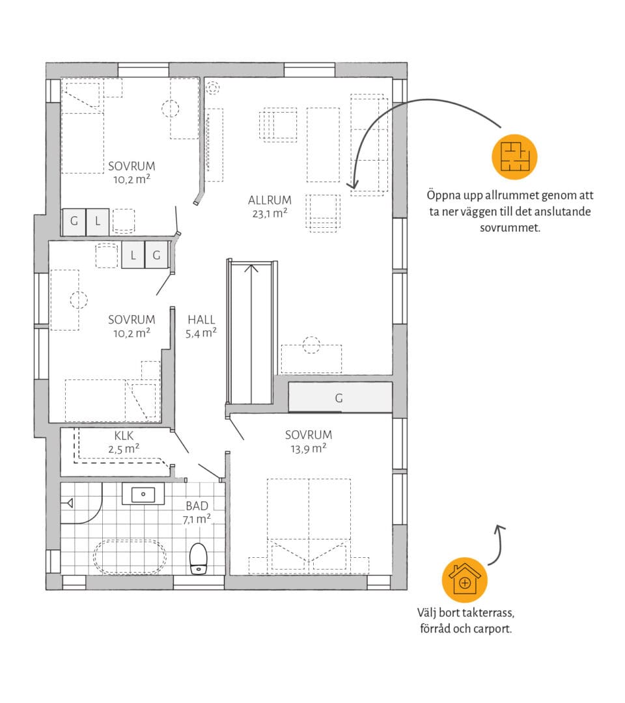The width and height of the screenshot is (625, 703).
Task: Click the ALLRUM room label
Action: [270, 200]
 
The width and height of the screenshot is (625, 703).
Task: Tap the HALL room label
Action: [201, 320]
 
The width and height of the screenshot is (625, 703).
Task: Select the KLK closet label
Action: [124, 435]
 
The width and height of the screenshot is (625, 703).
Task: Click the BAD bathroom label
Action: [197, 506]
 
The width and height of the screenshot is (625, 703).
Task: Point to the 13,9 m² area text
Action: [308, 448]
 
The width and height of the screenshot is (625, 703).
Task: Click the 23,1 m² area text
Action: [270, 214]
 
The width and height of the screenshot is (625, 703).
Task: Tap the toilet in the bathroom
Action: [198, 558]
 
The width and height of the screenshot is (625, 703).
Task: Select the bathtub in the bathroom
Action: [130, 557]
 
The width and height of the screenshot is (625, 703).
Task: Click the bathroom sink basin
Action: [143, 494]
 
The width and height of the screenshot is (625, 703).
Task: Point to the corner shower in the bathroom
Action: [81, 503]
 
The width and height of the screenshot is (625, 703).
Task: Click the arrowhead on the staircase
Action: [251, 268]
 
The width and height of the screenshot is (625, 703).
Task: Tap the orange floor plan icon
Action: [514, 157]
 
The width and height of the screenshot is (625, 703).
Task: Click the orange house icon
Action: [464, 580]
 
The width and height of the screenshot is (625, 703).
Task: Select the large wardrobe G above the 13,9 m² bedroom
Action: [340, 397]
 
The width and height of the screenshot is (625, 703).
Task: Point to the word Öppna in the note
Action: [441, 196]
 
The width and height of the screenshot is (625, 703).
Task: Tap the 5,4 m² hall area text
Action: [201, 333]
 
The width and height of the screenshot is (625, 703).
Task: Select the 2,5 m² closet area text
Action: [124, 448]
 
